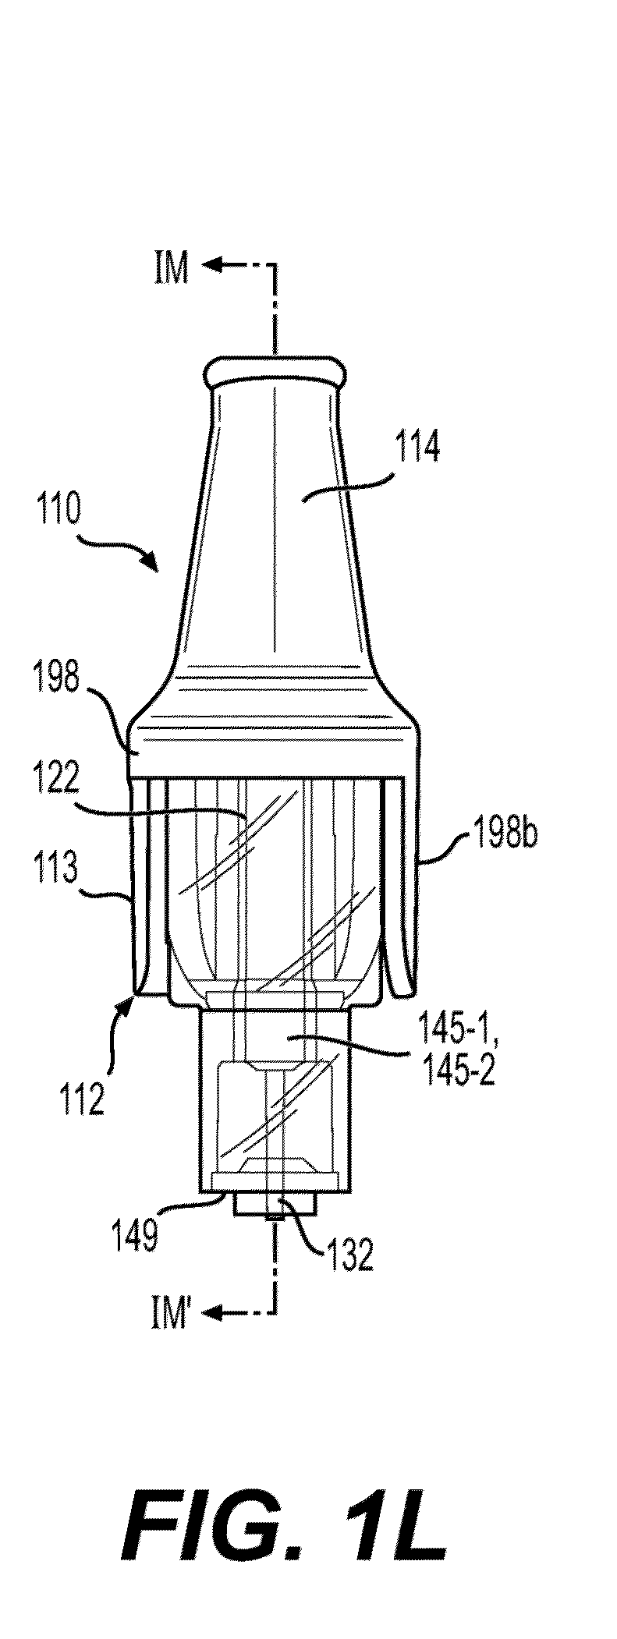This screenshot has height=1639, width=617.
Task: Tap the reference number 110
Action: (x=58, y=510)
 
